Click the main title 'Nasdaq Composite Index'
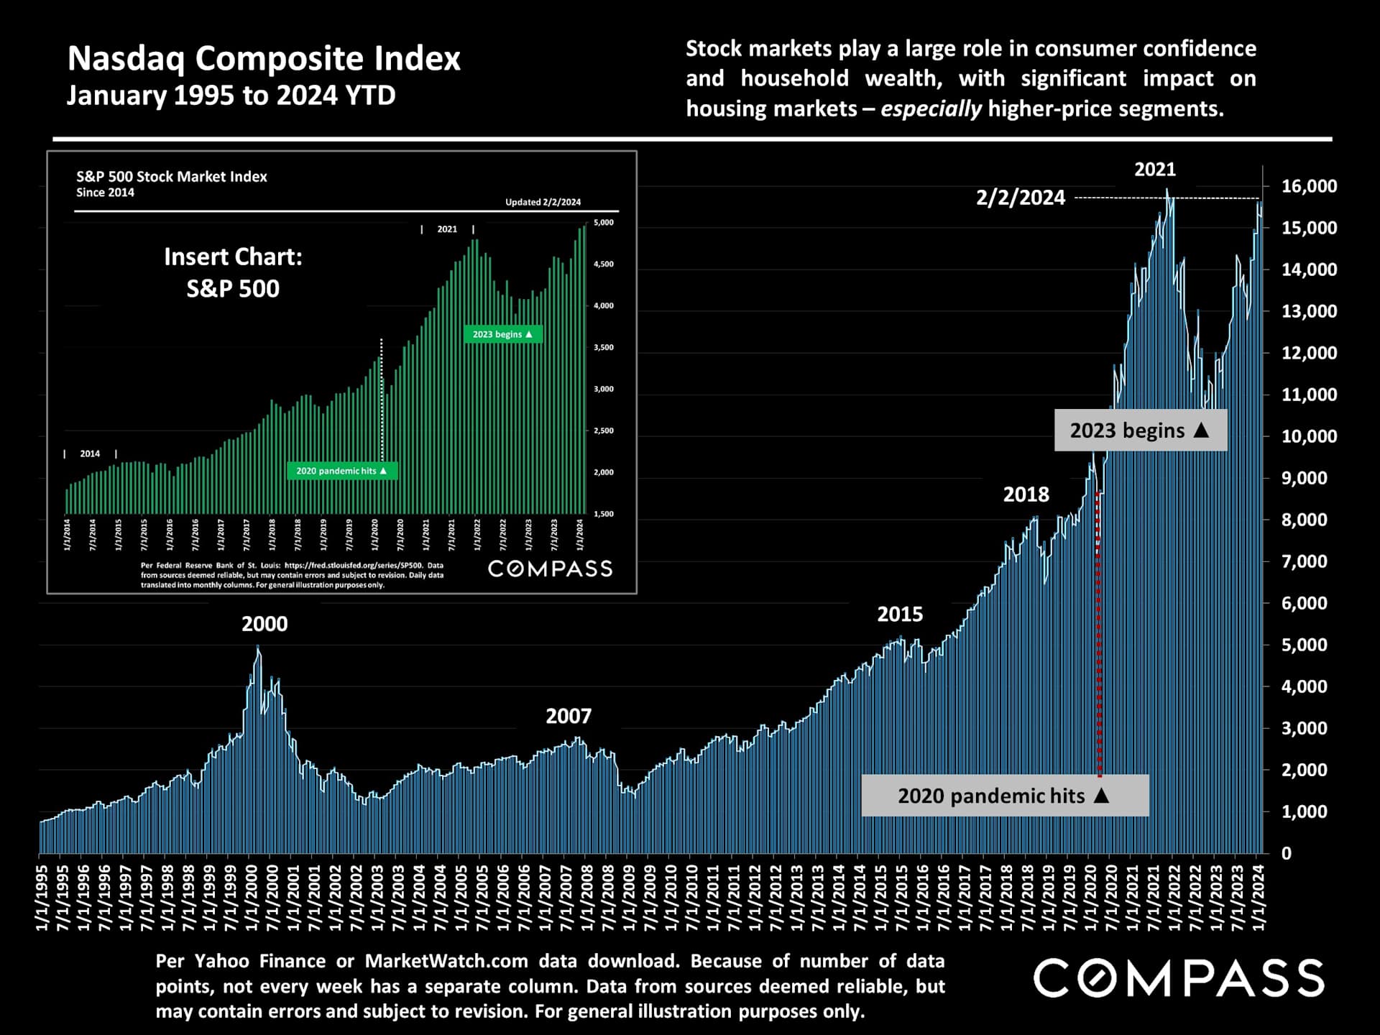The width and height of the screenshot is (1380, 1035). tap(264, 59)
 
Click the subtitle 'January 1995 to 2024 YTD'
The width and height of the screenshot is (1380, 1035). tap(231, 96)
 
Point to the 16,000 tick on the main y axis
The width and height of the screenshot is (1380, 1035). tap(1309, 186)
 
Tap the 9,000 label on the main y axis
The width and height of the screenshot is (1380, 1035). tap(1304, 478)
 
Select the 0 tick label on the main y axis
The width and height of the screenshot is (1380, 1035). tap(1286, 853)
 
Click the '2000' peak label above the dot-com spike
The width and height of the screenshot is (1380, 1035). tap(264, 624)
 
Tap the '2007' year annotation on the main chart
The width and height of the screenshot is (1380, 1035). tap(568, 716)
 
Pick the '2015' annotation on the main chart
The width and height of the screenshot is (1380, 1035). tap(899, 615)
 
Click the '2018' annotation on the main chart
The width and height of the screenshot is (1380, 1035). tap(1026, 494)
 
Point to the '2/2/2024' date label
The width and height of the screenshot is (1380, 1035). tap(1020, 198)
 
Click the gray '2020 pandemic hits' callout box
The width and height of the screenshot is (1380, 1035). tap(1004, 796)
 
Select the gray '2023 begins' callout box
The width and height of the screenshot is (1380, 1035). tap(1140, 431)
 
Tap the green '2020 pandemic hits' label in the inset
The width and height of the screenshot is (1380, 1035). tap(341, 471)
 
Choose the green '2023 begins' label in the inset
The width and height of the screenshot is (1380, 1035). tap(502, 334)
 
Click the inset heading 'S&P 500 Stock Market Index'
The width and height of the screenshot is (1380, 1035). tap(171, 177)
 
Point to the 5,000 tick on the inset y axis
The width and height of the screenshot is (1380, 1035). tap(603, 223)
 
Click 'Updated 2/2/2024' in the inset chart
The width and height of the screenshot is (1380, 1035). tap(543, 202)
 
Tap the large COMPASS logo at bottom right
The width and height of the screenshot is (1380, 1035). tap(1178, 978)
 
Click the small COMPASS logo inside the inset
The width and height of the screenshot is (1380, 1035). tap(550, 569)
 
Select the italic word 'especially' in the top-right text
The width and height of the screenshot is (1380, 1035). tap(931, 109)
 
